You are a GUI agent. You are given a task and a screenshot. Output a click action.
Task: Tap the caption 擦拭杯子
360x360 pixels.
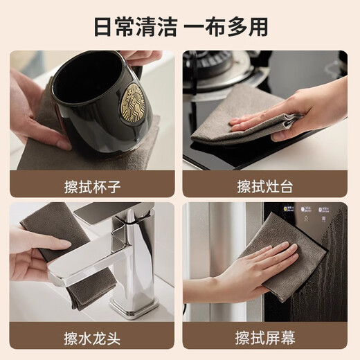[92, 186]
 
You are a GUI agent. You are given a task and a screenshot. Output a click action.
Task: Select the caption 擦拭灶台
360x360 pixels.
[265, 186]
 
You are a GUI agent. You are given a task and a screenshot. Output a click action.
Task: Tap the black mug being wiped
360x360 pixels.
[97, 97]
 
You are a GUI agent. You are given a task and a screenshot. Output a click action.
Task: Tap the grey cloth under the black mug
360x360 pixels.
[42, 152]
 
